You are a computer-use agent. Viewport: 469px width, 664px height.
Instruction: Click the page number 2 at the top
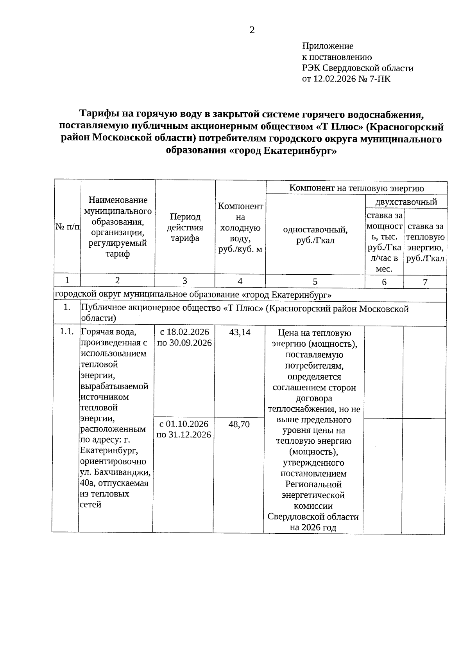pyautogui.click(x=252, y=30)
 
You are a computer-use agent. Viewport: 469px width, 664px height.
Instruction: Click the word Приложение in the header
pyautogui.click(x=328, y=46)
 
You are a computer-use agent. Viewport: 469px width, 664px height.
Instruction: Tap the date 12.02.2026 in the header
pyautogui.click(x=335, y=79)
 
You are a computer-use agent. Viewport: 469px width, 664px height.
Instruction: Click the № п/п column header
pyautogui.click(x=67, y=227)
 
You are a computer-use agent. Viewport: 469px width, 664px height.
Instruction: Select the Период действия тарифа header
pyautogui.click(x=185, y=227)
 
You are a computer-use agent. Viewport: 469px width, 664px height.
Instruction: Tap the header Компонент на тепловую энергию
pyautogui.click(x=356, y=188)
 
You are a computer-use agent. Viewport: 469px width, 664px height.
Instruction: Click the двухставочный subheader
pyautogui.click(x=406, y=202)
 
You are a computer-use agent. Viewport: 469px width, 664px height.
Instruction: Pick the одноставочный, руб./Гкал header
pyautogui.click(x=315, y=235)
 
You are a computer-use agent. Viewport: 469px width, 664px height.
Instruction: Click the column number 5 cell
pyautogui.click(x=315, y=281)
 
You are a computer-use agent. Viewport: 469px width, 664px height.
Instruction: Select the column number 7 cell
pyautogui.click(x=425, y=282)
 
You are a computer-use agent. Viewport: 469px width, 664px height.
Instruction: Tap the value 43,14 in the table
pyautogui.click(x=240, y=332)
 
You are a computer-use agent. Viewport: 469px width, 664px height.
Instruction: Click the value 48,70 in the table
pyautogui.click(x=239, y=424)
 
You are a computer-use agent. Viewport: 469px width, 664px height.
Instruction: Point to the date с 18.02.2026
pyautogui.click(x=184, y=332)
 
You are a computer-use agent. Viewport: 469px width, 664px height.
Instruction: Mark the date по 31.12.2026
pyautogui.click(x=184, y=435)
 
